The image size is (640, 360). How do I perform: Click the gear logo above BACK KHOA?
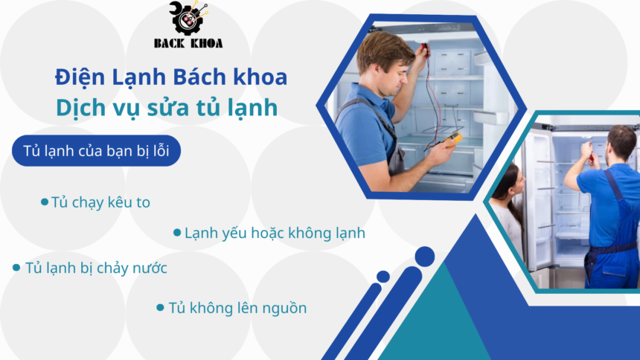pyautogui.click(x=188, y=18)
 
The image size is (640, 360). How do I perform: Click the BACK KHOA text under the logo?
pyautogui.click(x=188, y=43)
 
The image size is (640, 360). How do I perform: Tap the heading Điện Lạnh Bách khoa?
pyautogui.click(x=171, y=77)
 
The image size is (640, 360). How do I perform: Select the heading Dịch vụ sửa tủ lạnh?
pyautogui.click(x=167, y=108)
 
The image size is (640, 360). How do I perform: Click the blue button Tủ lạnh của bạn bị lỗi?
pyautogui.click(x=97, y=151)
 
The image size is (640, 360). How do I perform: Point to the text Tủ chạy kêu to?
pyautogui.click(x=100, y=202)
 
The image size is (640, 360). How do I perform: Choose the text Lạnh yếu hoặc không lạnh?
pyautogui.click(x=275, y=233)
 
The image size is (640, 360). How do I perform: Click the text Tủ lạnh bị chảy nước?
pyautogui.click(x=96, y=268)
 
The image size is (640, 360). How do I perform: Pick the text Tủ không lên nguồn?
pyautogui.click(x=237, y=307)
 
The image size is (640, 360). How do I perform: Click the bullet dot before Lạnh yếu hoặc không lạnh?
pyautogui.click(x=177, y=233)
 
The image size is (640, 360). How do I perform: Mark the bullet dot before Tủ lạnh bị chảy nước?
pyautogui.click(x=16, y=268)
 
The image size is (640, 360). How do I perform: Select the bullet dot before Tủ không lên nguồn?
pyautogui.click(x=161, y=306)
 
